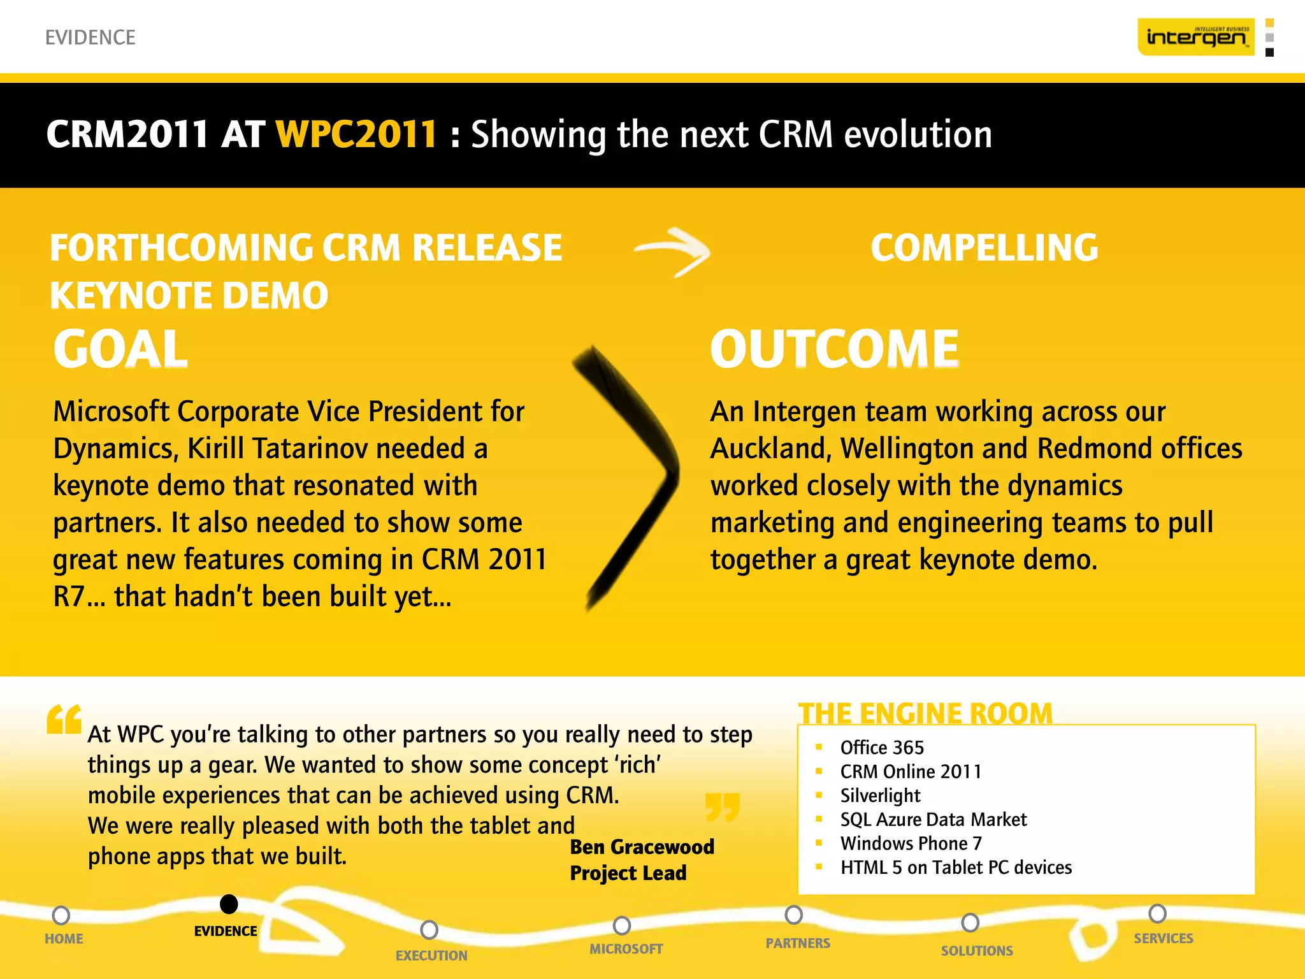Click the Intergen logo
(x=1195, y=37)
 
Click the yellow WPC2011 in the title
(x=356, y=134)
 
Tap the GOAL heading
(x=120, y=349)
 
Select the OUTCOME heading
(x=834, y=349)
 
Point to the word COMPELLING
(x=984, y=248)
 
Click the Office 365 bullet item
(x=882, y=748)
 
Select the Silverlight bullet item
(x=880, y=795)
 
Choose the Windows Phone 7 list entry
(x=911, y=843)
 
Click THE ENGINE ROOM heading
(x=925, y=713)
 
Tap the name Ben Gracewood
(x=642, y=847)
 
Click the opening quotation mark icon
(x=64, y=720)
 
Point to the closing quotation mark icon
(x=723, y=807)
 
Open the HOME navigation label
(x=64, y=939)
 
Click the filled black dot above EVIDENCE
(x=229, y=904)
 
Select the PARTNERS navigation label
(x=798, y=943)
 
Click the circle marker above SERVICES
(x=1157, y=913)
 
